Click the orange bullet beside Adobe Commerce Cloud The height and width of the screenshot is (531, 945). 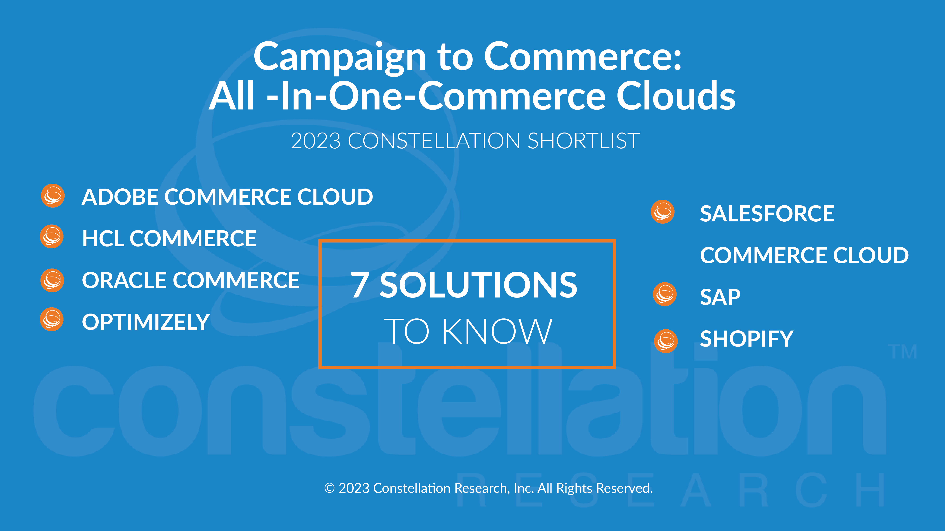click(x=53, y=196)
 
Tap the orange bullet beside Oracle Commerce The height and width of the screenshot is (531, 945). click(x=52, y=280)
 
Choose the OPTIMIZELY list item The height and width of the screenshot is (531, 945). click(x=146, y=322)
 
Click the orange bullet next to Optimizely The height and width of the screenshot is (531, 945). click(x=52, y=319)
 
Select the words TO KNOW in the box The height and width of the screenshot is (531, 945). click(x=468, y=331)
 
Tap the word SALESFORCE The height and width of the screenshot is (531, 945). click(x=767, y=214)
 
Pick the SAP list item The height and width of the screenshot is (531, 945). click(x=720, y=297)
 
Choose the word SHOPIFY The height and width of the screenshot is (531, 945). click(x=747, y=339)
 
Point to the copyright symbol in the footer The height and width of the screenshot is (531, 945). click(x=329, y=488)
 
